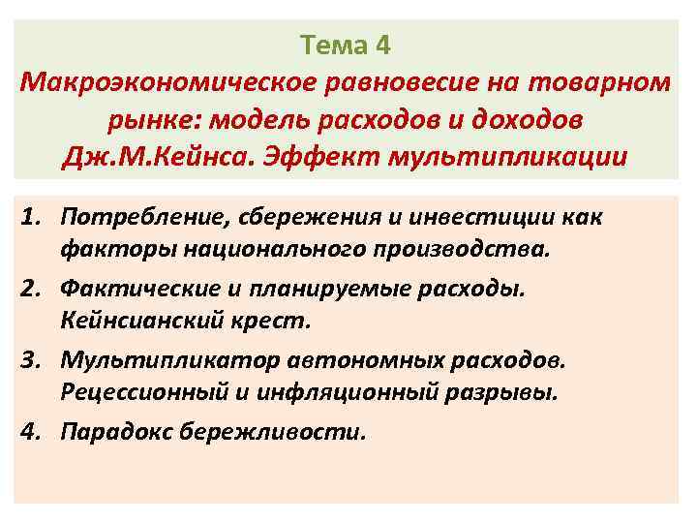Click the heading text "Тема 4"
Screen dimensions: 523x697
[345, 45]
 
